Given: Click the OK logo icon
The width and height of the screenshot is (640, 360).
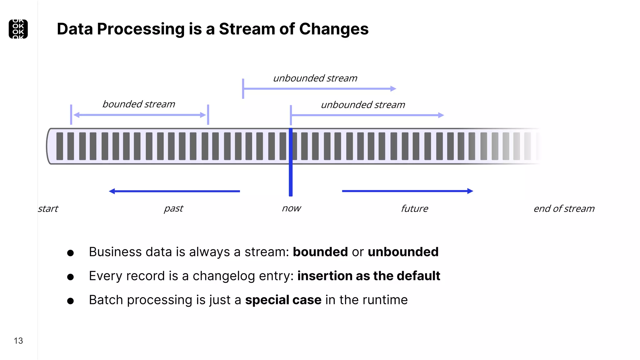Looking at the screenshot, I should pyautogui.click(x=18, y=29).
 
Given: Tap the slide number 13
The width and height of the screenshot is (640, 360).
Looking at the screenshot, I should pyautogui.click(x=18, y=341).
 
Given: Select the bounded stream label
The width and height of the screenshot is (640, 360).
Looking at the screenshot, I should pyautogui.click(x=139, y=104).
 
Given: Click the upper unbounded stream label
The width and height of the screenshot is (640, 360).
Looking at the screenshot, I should pyautogui.click(x=315, y=78).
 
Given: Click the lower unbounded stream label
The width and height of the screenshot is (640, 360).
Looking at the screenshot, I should pyautogui.click(x=363, y=105).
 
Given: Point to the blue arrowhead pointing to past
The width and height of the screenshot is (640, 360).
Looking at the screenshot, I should pyautogui.click(x=112, y=191).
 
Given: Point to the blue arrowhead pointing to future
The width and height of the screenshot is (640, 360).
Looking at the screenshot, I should pyautogui.click(x=470, y=191).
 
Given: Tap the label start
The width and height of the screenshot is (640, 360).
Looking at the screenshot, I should pyautogui.click(x=48, y=209).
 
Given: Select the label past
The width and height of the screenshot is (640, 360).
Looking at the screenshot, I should pyautogui.click(x=173, y=208).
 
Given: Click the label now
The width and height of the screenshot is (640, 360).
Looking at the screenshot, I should pyautogui.click(x=291, y=208).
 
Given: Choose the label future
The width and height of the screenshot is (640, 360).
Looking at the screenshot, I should pyautogui.click(x=414, y=209).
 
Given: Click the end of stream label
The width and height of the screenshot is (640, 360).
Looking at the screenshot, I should pyautogui.click(x=564, y=209).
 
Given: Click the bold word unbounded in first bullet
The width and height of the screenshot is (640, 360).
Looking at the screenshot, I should pyautogui.click(x=403, y=252).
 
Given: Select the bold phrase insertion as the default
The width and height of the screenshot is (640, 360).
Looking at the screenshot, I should pyautogui.click(x=368, y=276).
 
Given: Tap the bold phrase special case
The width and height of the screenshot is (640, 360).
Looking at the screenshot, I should pyautogui.click(x=283, y=300).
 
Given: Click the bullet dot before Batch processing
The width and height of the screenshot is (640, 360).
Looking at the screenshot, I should pyautogui.click(x=70, y=301).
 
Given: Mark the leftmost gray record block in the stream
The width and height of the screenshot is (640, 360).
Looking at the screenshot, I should pyautogui.click(x=60, y=146).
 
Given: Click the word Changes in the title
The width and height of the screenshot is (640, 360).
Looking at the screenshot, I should pyautogui.click(x=334, y=29).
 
